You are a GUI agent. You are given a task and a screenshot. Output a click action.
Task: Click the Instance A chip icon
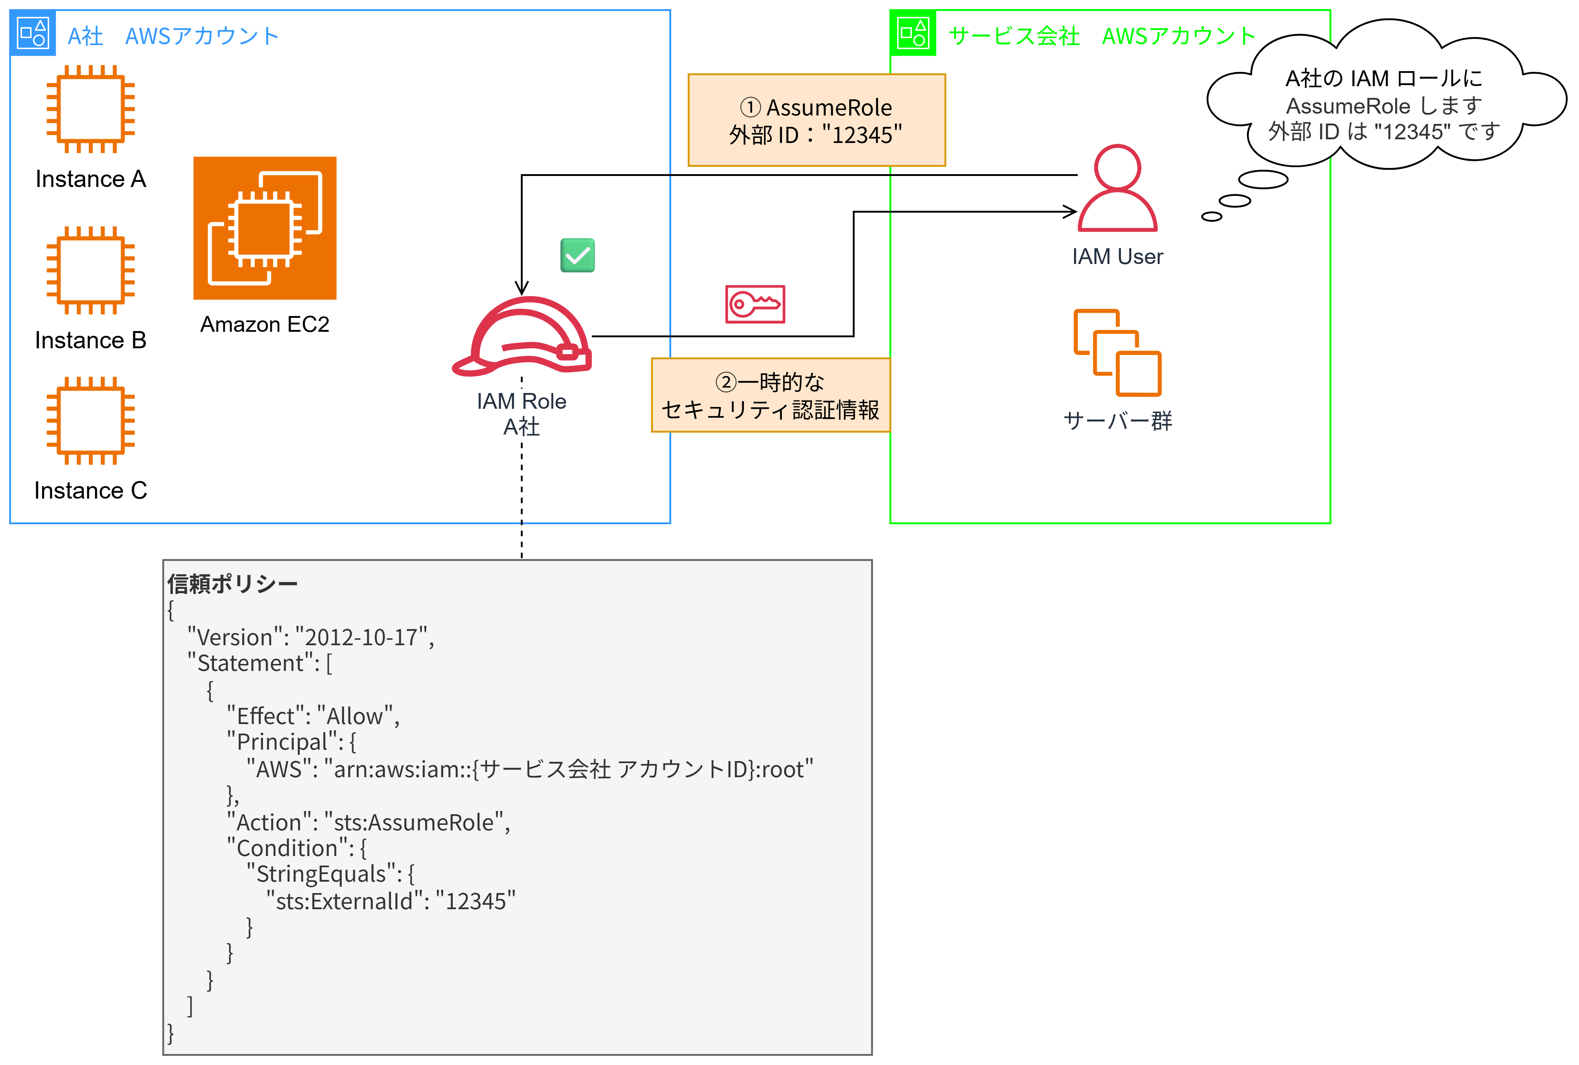[90, 109]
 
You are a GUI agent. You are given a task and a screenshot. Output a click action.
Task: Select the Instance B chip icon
[90, 270]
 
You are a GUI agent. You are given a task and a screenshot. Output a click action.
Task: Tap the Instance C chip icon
[90, 421]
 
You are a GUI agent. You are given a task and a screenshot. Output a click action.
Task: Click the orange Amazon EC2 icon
[264, 228]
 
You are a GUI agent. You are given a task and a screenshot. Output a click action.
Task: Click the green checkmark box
[578, 256]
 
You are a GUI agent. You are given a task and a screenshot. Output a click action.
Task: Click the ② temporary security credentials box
[771, 395]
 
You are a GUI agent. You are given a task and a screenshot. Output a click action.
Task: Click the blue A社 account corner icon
[33, 33]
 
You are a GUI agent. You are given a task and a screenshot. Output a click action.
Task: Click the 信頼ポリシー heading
[233, 583]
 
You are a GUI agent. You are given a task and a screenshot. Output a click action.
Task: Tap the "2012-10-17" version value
[361, 637]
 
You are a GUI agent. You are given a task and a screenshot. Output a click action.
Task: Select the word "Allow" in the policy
[355, 716]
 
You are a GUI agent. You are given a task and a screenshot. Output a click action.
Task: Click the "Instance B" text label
[90, 339]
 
